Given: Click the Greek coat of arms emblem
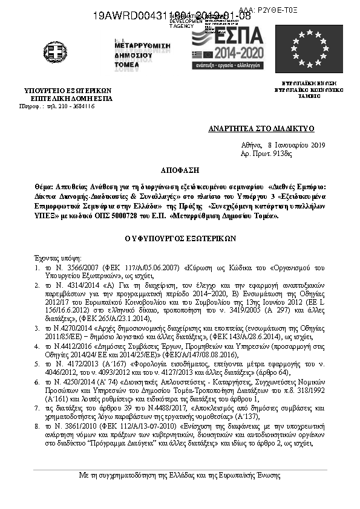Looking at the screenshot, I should click(55, 52).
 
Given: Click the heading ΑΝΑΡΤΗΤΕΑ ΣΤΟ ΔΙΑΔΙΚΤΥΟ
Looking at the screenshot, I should click(269, 129).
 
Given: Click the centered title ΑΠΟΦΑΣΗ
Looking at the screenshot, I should click(180, 171).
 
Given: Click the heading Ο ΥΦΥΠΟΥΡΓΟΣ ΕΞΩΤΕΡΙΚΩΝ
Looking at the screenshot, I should click(180, 239).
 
